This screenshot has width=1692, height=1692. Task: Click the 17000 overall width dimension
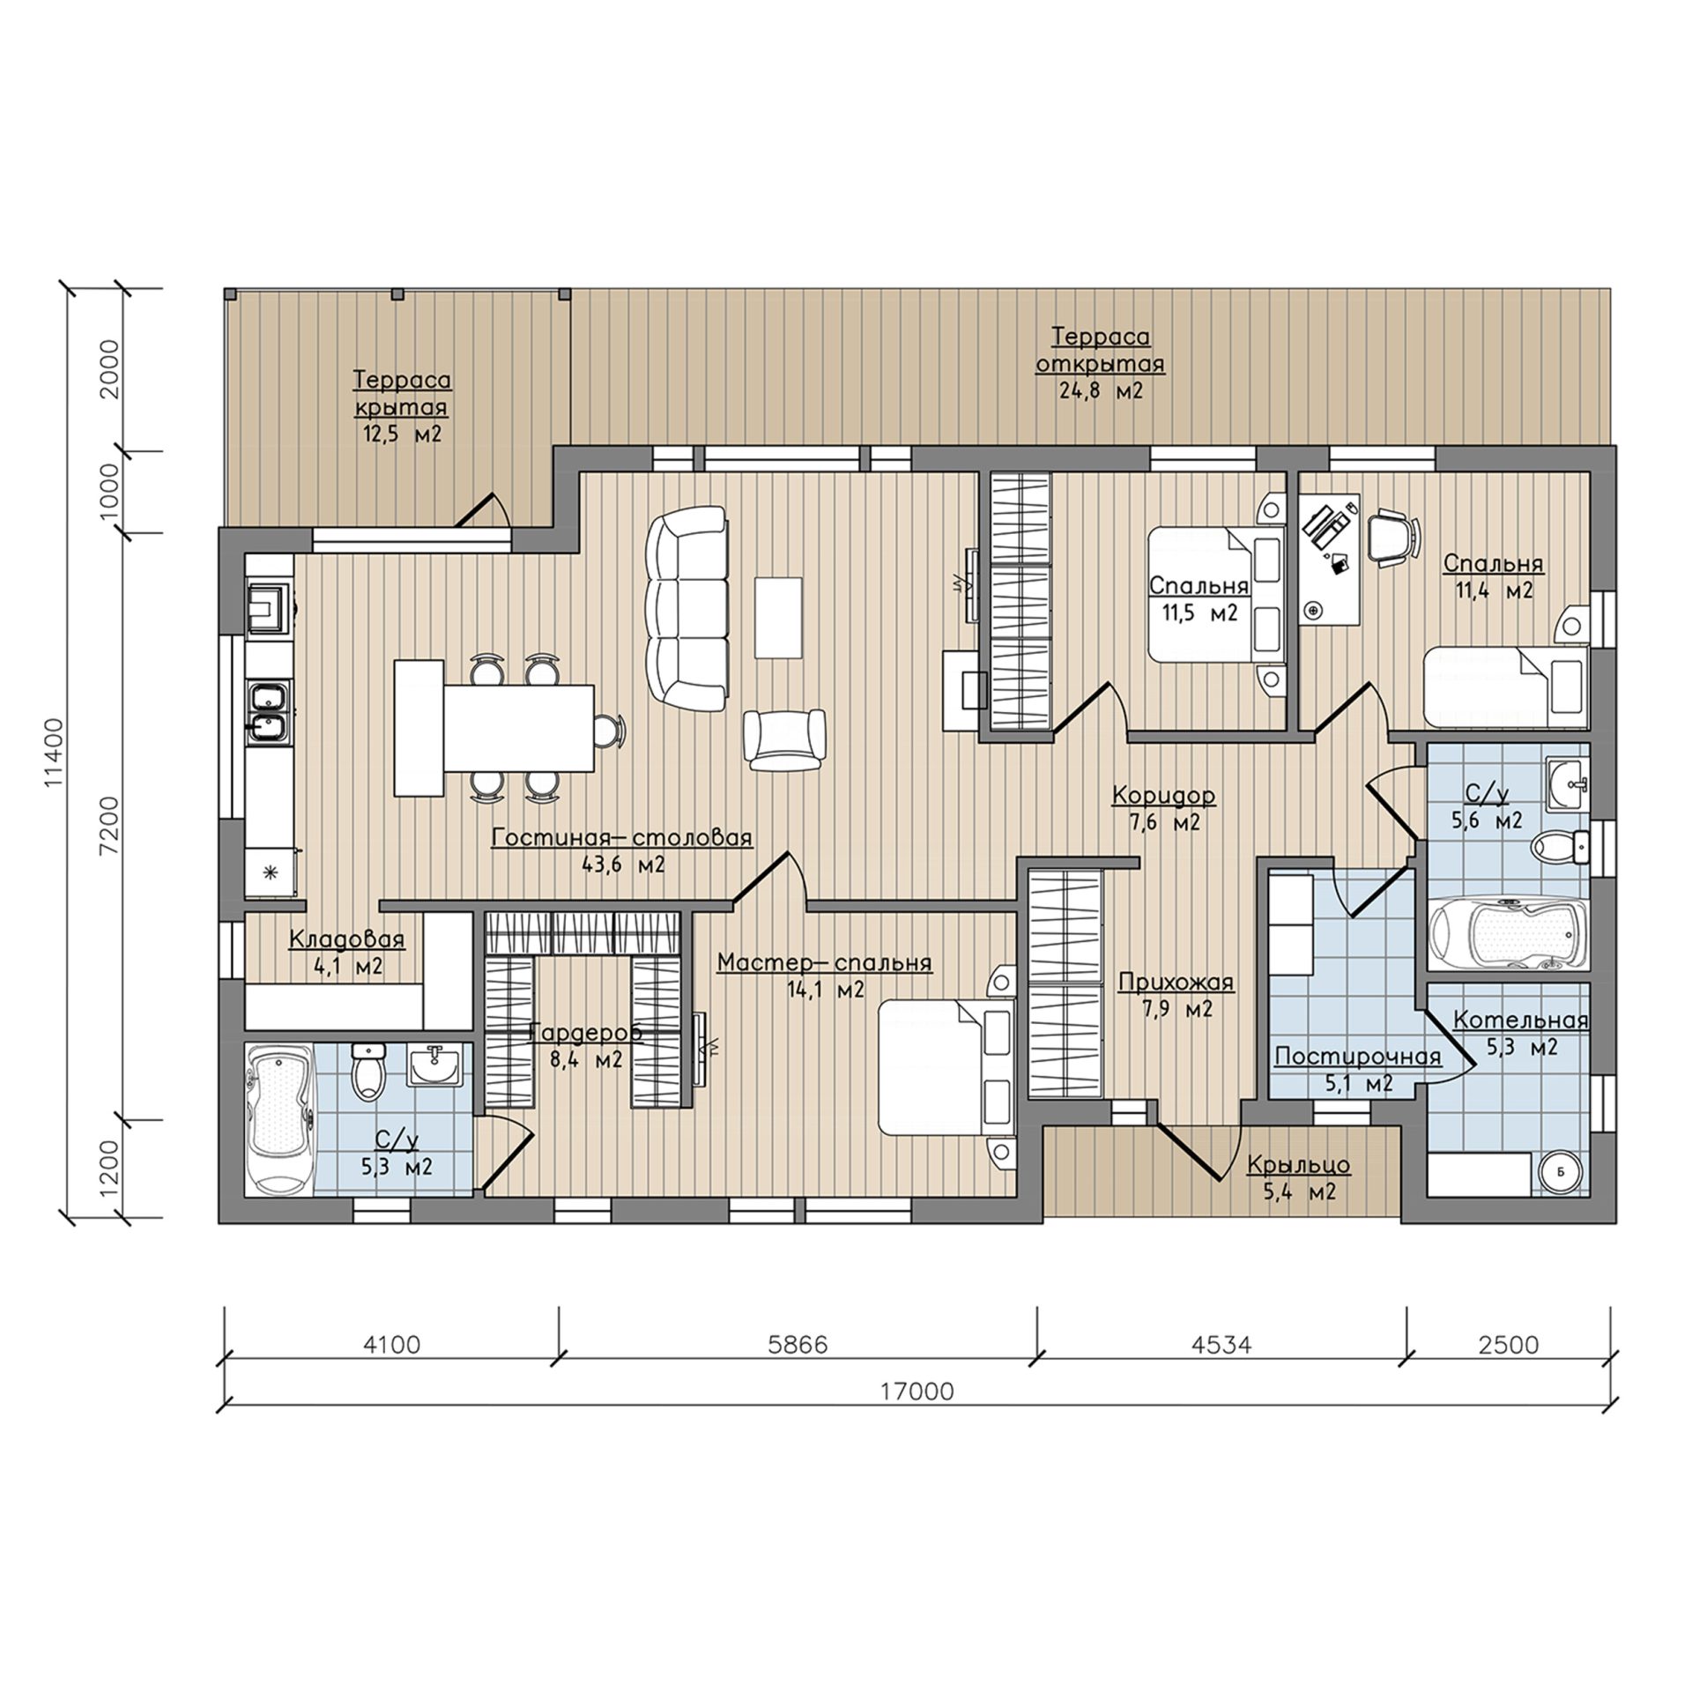(x=916, y=1391)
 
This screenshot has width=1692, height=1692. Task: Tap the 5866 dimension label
(x=798, y=1346)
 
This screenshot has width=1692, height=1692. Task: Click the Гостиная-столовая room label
(x=621, y=837)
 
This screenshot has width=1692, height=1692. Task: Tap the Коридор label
(x=1163, y=796)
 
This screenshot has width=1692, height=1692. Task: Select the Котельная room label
(x=1520, y=1020)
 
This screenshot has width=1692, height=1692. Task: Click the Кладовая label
(x=347, y=940)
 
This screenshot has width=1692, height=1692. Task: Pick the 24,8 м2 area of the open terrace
(x=1101, y=391)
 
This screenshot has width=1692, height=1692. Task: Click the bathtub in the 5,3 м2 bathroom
(x=278, y=1118)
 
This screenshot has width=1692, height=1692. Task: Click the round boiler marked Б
(x=1561, y=1171)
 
